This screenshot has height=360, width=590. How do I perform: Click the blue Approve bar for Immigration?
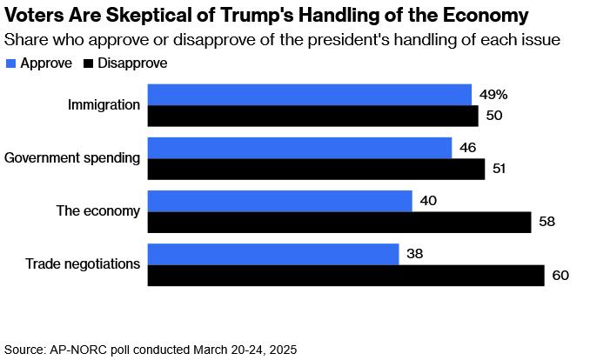309,95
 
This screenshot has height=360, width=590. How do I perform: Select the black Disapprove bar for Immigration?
312,116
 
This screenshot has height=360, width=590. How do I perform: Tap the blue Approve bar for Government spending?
299,148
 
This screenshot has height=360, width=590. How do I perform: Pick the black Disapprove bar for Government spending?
316,169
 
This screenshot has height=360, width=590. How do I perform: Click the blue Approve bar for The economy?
279,201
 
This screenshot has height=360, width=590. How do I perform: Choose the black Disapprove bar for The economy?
339,223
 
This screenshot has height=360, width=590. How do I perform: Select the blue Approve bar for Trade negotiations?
273,255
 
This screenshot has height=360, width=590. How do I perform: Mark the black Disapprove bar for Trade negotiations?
345,276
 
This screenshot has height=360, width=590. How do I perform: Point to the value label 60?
560,277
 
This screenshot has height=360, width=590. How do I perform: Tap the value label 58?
547,223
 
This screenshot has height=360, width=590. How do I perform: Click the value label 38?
416,255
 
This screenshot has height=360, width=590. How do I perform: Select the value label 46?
468,148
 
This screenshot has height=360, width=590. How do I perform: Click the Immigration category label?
104,105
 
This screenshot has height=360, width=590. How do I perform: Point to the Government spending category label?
72,158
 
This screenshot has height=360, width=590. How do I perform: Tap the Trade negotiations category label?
83,264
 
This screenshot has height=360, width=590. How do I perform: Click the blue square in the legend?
10,63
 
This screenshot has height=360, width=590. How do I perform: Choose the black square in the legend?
88,63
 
